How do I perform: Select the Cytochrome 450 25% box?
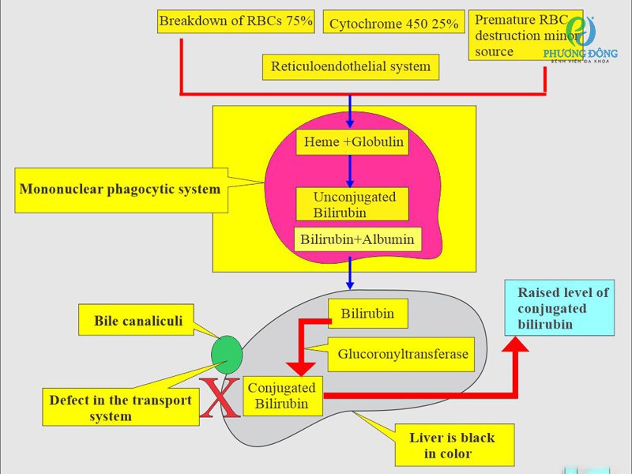click(x=393, y=24)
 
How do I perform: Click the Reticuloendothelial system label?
click(x=350, y=66)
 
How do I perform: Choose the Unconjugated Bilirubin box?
click(x=352, y=204)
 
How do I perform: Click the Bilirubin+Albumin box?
click(x=357, y=239)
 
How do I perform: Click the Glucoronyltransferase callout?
click(x=403, y=354)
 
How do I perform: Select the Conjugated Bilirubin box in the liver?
click(x=281, y=396)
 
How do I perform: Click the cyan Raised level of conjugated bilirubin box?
click(x=559, y=307)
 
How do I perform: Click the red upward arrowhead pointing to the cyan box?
click(x=517, y=343)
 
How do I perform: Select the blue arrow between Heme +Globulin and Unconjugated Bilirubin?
click(x=350, y=171)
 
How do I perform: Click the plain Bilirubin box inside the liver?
click(x=367, y=314)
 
